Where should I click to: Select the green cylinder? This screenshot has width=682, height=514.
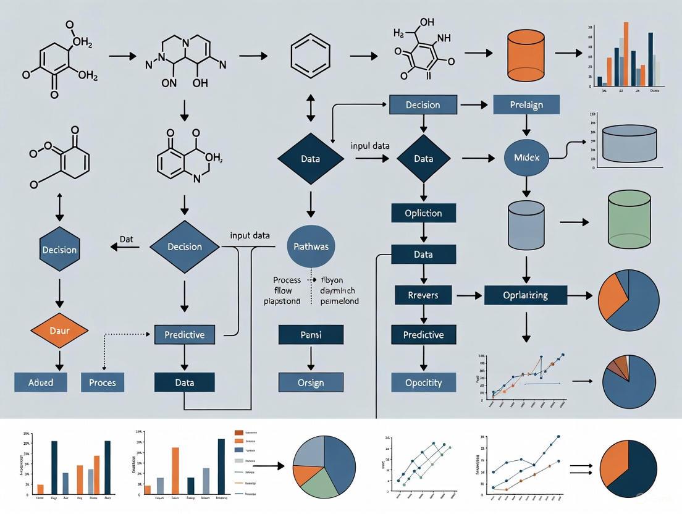pos(629,221)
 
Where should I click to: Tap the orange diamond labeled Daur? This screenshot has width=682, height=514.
pos(59,331)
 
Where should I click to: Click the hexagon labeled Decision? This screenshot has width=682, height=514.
pos(59,250)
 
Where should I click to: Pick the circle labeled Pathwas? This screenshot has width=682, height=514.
pos(312,246)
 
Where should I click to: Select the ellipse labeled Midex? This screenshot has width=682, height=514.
pos(526,158)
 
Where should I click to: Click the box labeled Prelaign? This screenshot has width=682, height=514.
pos(526,104)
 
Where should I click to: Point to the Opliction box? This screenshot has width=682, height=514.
pos(423,213)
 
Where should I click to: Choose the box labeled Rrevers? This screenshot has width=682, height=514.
pos(423,295)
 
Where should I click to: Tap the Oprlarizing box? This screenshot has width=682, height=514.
pos(525,295)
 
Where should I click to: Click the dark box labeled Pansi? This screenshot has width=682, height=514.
pos(311,334)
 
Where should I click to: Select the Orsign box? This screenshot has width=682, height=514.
pos(311,382)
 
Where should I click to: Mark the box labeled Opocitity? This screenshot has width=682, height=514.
pos(423,382)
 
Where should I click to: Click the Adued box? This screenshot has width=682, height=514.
pos(41,382)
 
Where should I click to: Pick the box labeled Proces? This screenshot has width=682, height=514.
pos(103,382)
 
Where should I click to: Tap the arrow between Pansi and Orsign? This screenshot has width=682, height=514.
pos(311,358)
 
